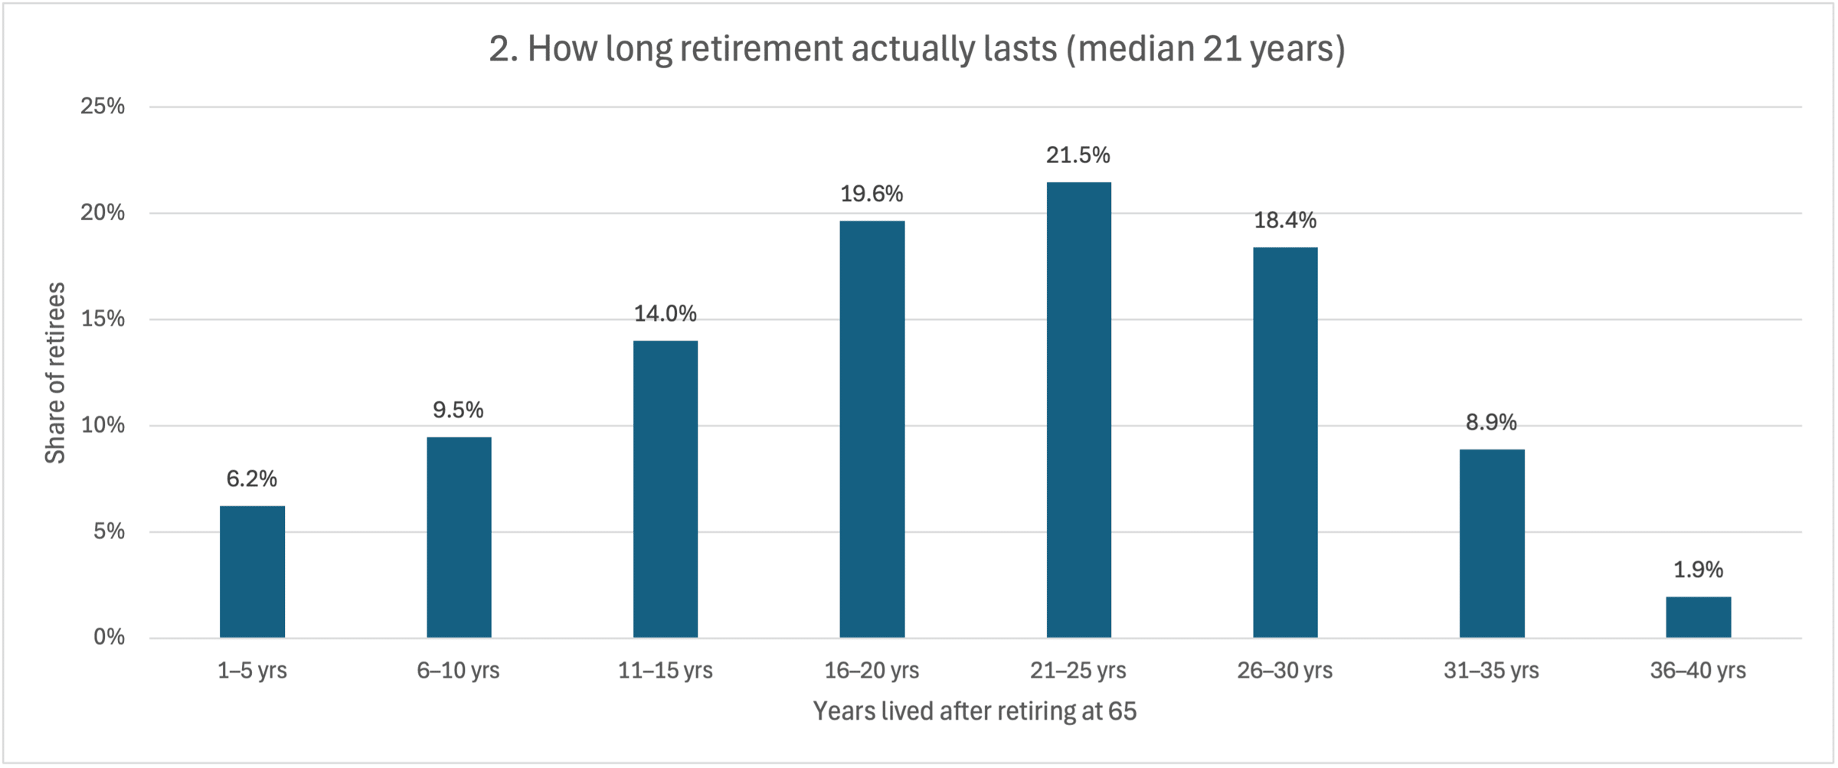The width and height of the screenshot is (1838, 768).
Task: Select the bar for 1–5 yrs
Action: [252, 571]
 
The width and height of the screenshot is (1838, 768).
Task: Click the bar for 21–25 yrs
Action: [1078, 410]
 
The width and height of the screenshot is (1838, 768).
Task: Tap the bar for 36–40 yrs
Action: [1698, 617]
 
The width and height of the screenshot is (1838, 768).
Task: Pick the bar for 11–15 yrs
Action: [666, 489]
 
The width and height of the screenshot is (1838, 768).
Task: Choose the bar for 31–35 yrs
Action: [1492, 544]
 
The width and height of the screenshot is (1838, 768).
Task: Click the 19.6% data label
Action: [872, 194]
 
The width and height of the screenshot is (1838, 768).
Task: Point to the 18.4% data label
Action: [1285, 221]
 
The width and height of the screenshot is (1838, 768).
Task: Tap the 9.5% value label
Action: [458, 410]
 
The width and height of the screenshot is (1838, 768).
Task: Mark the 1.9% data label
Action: [1698, 570]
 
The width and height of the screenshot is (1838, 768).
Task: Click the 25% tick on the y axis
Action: [103, 106]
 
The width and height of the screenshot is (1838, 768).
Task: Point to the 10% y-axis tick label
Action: [103, 425]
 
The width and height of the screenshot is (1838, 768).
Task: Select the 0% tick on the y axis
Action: [109, 637]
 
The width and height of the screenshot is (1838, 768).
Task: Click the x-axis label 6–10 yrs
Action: [458, 671]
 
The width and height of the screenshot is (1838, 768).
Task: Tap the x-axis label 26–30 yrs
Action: [1285, 671]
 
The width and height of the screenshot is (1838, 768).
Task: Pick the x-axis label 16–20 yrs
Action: [872, 671]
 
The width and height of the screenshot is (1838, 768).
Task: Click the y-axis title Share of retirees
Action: [55, 373]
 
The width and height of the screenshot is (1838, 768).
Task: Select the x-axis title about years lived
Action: [975, 711]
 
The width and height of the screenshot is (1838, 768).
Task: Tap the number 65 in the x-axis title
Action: [1122, 711]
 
